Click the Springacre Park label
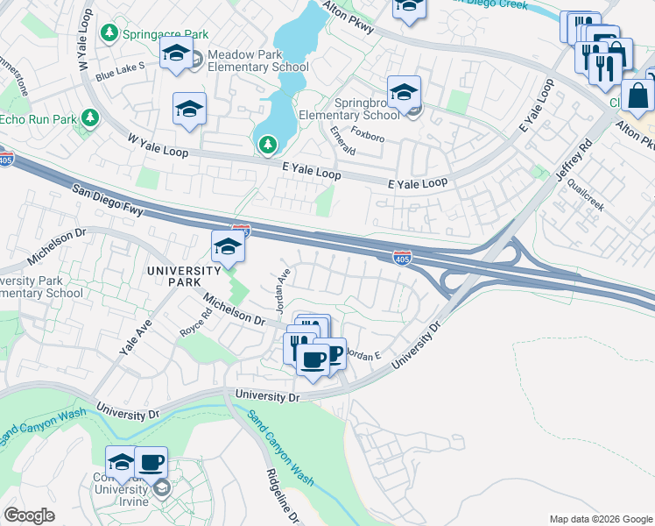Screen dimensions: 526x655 pos(166,34)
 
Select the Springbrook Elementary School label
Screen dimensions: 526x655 pos(349,108)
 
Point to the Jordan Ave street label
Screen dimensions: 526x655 pos(282,283)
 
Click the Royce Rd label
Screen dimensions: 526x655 pos(195,328)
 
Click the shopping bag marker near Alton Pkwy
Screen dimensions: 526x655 pos(637,96)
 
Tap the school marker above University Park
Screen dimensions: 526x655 pos(228,246)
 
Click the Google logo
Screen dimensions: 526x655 pos(30,515)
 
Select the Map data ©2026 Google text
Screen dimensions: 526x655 pos(600,518)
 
